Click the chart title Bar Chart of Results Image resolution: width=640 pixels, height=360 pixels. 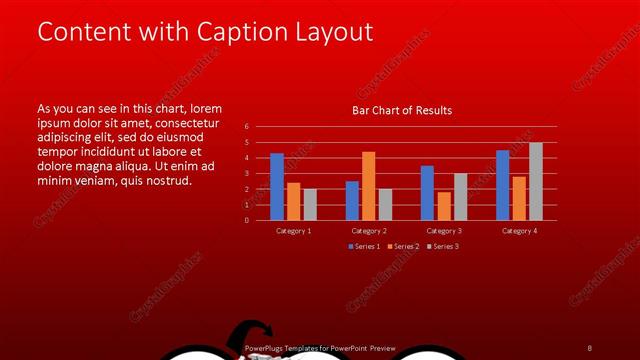pos(402,110)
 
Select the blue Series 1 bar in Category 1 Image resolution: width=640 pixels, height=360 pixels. pos(277,187)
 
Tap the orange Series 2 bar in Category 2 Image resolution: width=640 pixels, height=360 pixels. pos(368,186)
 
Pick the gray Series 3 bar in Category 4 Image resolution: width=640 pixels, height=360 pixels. pos(536,181)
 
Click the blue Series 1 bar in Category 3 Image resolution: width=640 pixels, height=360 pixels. pos(427,193)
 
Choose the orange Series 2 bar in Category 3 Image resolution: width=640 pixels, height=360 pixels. pos(443,206)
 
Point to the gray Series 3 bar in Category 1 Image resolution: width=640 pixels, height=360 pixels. pos(310,204)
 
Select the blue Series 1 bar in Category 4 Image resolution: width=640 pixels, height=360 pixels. pos(502,185)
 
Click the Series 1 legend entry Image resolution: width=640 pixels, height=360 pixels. pos(363,246)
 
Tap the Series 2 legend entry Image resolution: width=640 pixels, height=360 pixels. pos(403,246)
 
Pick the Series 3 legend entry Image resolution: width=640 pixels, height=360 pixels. pos(443,246)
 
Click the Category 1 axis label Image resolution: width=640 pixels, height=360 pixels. pos(294,231)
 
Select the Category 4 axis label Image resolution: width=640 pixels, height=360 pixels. pos(519,231)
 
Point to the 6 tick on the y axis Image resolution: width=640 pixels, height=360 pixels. pos(247,127)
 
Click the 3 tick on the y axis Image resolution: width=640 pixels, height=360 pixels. pos(247,173)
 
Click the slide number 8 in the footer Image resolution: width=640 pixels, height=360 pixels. pos(590,348)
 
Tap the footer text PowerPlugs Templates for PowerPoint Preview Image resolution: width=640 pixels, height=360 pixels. pos(320,348)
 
